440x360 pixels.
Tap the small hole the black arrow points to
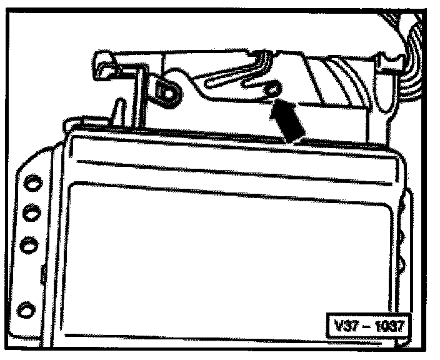[271, 90]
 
